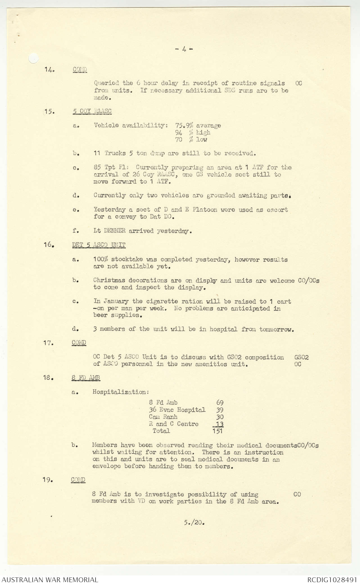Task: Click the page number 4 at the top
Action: tap(184, 49)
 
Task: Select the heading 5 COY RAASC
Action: tap(92, 111)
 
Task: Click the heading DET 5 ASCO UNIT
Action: tap(99, 245)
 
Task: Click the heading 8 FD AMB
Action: tap(86, 378)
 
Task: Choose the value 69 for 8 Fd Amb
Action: tap(220, 403)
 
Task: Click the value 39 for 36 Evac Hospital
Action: tap(220, 410)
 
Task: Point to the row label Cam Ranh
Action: tap(163, 417)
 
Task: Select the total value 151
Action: tap(218, 431)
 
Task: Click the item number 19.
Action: tap(48, 480)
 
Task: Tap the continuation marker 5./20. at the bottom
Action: tap(194, 523)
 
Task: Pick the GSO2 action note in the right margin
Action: tap(301, 357)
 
